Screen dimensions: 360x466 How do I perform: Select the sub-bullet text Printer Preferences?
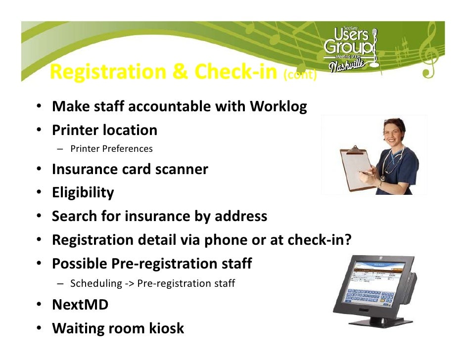111,148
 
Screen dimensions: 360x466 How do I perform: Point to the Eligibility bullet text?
83,192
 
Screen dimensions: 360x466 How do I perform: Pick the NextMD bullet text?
80,305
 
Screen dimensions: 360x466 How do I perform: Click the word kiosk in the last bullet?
167,328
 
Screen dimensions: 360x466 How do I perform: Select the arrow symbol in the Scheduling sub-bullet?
129,284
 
